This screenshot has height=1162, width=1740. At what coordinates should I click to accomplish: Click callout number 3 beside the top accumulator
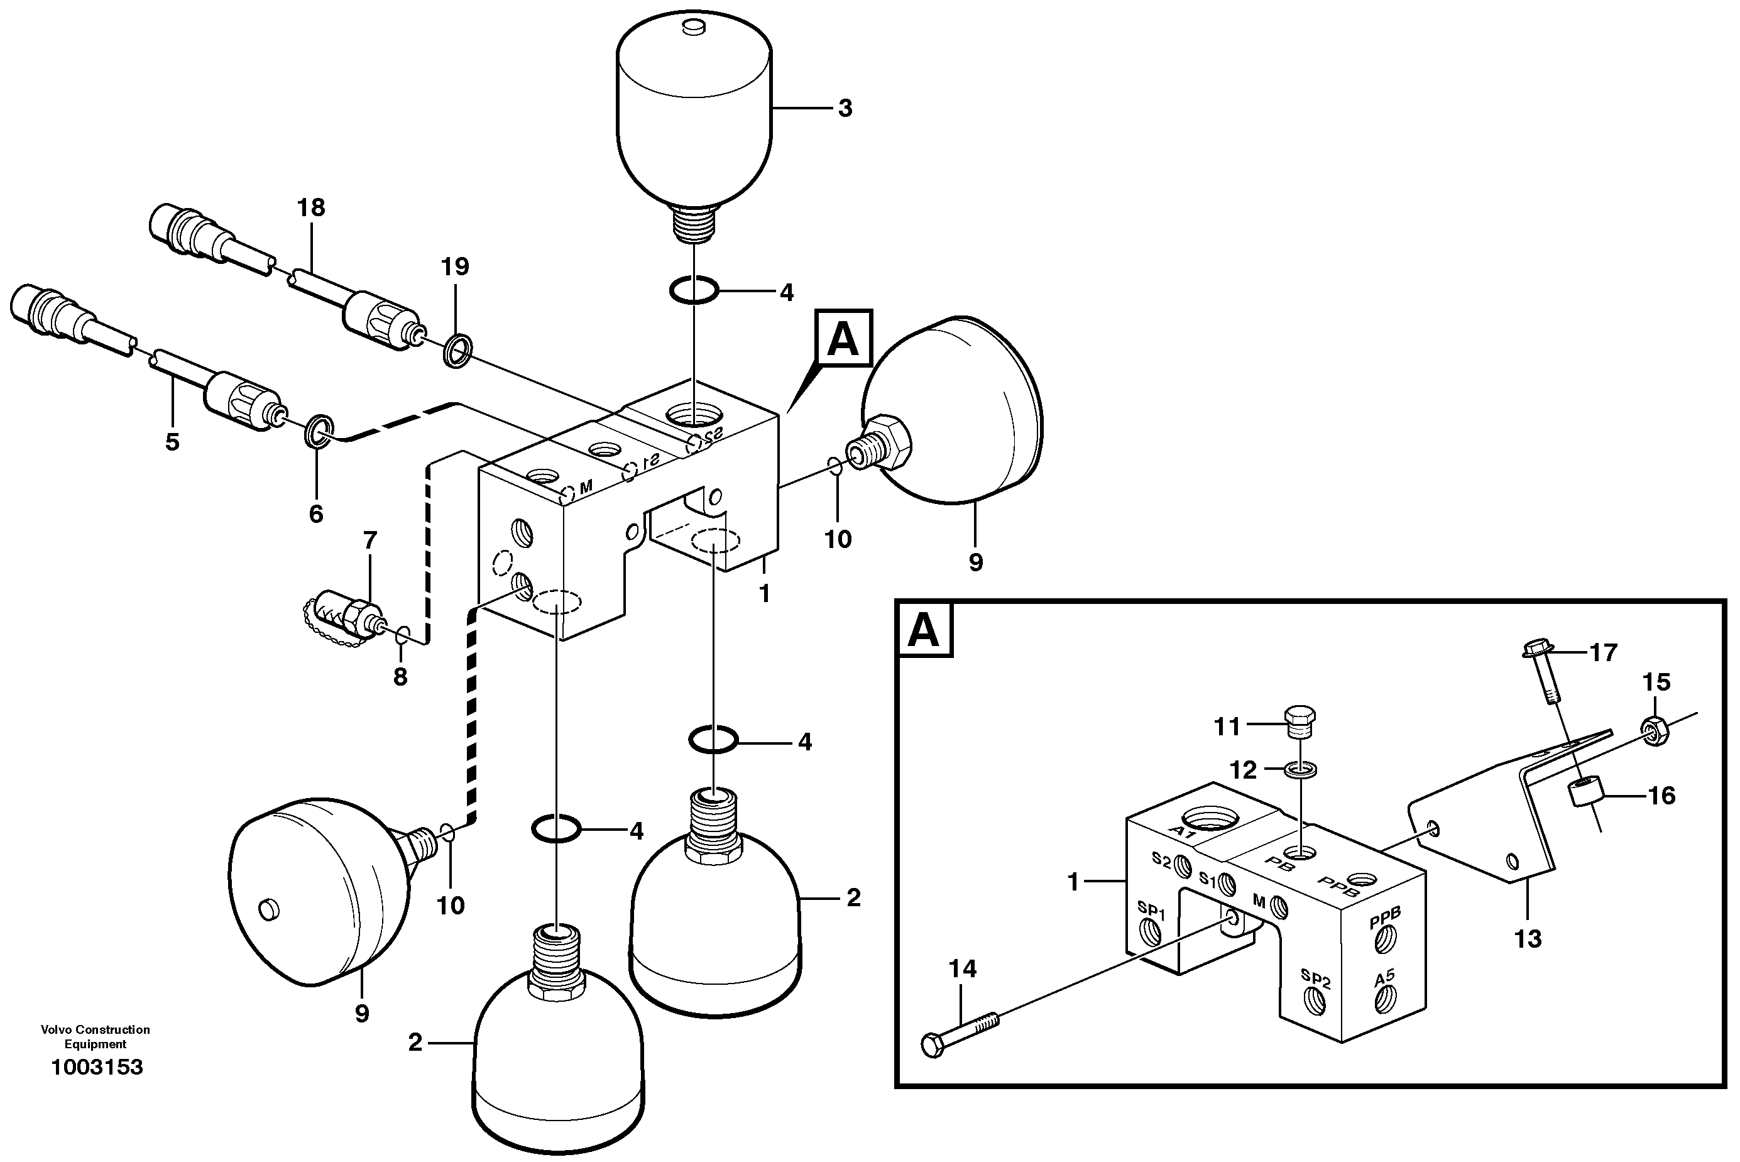pyautogui.click(x=845, y=108)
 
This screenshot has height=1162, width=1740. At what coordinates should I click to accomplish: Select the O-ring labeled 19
pyautogui.click(x=457, y=351)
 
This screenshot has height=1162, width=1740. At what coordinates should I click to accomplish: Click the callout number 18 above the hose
pyautogui.click(x=311, y=207)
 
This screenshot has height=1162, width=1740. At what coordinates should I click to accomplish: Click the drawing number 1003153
pyautogui.click(x=96, y=1067)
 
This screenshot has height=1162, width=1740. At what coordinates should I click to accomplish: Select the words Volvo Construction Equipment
pyautogui.click(x=95, y=1036)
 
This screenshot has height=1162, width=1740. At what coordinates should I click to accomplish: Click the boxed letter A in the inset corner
pyautogui.click(x=923, y=631)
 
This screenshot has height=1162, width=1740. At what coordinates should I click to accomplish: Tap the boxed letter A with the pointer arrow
pyautogui.click(x=843, y=339)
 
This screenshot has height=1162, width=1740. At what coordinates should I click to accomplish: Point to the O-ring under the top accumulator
pyautogui.click(x=694, y=290)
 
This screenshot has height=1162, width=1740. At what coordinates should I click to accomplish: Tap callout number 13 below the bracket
pyautogui.click(x=1528, y=939)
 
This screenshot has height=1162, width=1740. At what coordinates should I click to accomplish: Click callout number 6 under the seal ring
pyautogui.click(x=317, y=513)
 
